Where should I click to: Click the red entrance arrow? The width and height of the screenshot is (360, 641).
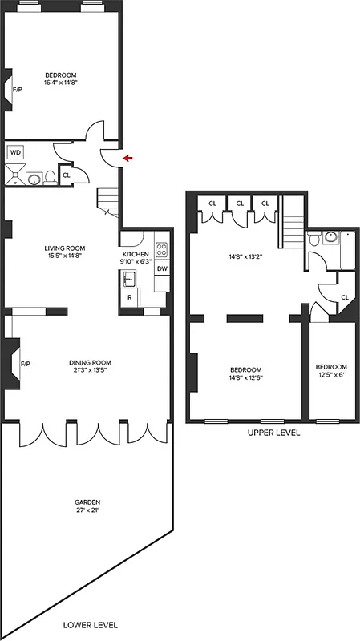127,159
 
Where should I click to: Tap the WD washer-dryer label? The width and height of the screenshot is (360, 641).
15,152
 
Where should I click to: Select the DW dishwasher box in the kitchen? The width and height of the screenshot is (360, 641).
161,269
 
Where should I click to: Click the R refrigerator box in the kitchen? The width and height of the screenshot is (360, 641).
129,298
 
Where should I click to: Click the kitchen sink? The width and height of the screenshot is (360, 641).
128,279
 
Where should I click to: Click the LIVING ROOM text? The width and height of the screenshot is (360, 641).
65,248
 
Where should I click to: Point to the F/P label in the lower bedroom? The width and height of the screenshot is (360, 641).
18,89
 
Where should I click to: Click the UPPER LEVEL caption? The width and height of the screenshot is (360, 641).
273,433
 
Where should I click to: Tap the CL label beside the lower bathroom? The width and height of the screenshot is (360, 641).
66,175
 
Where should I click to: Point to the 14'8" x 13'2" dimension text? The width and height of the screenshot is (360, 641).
245,257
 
